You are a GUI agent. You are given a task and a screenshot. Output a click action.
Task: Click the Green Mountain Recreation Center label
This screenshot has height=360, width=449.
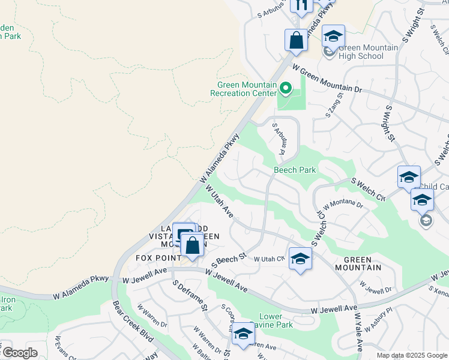[x=243, y=89]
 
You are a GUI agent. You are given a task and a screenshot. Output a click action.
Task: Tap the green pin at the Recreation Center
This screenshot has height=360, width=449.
[x=286, y=90]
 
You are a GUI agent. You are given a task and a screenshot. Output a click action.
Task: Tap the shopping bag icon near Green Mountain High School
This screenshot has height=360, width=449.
[x=296, y=41]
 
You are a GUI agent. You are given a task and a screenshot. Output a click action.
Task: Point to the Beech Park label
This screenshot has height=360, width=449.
[x=295, y=170]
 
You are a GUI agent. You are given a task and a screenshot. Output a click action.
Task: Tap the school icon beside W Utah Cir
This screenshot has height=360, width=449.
[x=300, y=259]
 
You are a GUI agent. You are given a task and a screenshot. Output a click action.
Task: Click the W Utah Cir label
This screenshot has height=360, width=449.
[x=268, y=259]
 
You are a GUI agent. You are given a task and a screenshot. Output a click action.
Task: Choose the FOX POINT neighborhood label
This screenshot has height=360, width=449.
[x=158, y=258]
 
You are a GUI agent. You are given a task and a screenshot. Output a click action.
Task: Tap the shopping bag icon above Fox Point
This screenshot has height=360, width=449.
[x=192, y=245]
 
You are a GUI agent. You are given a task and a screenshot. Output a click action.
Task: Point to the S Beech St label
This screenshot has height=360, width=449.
[x=231, y=260]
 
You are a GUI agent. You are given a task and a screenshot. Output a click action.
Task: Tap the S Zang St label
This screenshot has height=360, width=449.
[x=334, y=104]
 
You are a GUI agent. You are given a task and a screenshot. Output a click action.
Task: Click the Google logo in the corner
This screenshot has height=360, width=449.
[x=19, y=353]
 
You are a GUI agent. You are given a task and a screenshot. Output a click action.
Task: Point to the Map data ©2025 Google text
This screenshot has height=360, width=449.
[x=411, y=355]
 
